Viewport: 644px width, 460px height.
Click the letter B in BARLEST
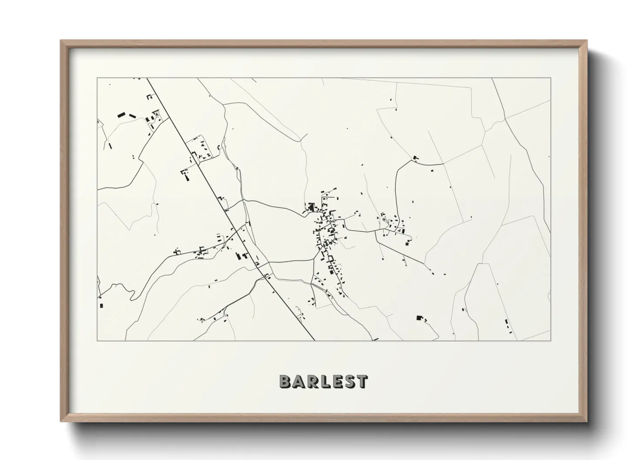coord(285,381)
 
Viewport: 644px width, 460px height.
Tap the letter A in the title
coord(299,381)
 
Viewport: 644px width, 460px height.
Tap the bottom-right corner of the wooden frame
coord(586,421)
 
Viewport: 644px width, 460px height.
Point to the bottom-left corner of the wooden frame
coord(61,421)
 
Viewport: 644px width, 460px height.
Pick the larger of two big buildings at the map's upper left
coord(121,115)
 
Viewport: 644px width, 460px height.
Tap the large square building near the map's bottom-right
coord(419,318)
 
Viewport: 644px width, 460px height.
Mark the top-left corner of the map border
coord(97,78)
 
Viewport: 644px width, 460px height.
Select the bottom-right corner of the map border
coord(550,340)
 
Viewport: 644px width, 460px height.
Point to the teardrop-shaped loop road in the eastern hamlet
coord(383,220)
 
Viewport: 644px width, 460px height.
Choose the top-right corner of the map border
coord(550,78)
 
